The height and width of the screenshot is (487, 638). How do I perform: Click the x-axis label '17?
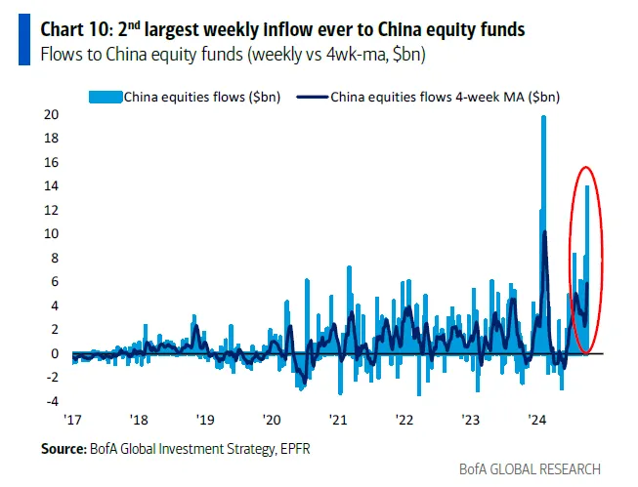(72, 421)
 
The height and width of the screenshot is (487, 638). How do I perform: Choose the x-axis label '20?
(272, 421)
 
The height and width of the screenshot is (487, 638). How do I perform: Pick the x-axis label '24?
(536, 421)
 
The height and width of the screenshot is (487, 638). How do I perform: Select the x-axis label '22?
(404, 421)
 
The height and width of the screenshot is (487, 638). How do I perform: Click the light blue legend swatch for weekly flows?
(105, 97)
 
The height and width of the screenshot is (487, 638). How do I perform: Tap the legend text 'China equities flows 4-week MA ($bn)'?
(445, 97)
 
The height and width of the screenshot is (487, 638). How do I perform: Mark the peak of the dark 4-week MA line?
(544, 232)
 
